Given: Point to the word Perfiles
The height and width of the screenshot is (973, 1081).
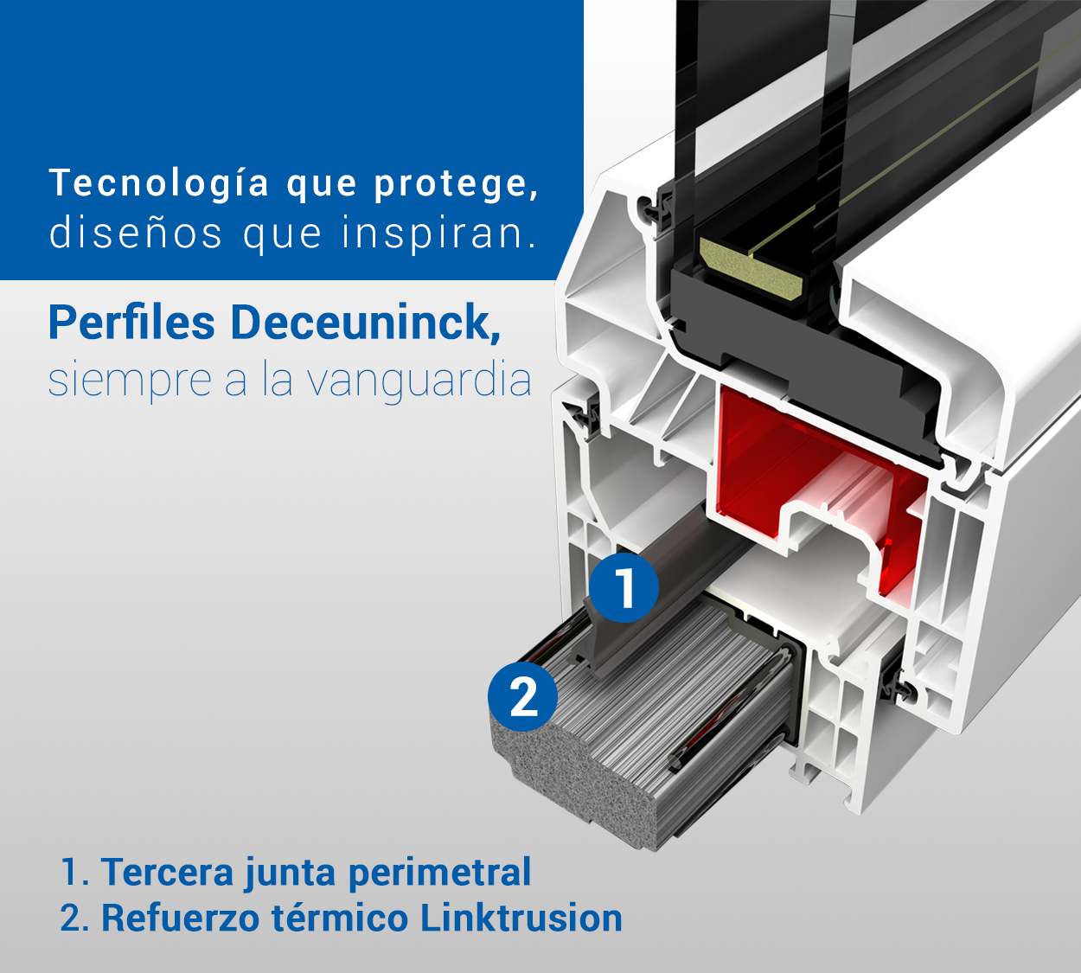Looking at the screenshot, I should [x=131, y=323].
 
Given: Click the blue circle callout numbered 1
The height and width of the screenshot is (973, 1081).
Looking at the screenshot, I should [x=624, y=588].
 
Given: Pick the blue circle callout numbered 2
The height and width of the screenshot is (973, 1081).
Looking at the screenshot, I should [x=523, y=696].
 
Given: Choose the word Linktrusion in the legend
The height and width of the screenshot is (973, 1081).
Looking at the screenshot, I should [x=521, y=918].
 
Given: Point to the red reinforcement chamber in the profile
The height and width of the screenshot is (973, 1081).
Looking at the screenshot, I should [x=752, y=458].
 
